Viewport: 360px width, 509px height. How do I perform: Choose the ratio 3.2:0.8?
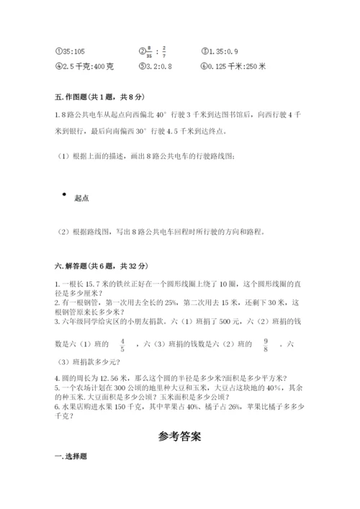pos(151,66)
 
